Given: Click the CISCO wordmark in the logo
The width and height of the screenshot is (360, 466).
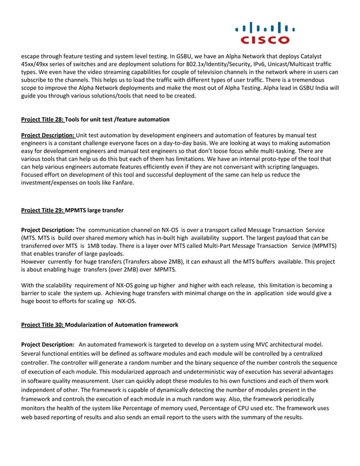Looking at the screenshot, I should coord(265,40).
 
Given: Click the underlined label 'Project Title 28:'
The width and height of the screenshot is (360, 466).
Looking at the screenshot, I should coord(42,120).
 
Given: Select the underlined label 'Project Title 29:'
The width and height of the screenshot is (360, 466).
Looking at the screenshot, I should coord(42,210).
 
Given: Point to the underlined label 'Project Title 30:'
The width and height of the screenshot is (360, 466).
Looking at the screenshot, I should coord(42,325).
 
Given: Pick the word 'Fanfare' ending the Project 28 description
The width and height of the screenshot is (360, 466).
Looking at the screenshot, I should coord(121,183).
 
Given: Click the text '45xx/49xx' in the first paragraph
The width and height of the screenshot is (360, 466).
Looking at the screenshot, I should coord(35,64).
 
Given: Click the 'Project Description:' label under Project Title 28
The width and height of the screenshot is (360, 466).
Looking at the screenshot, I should coord(47,135).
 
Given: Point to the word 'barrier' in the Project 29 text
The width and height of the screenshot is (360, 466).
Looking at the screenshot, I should coord(32,293).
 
